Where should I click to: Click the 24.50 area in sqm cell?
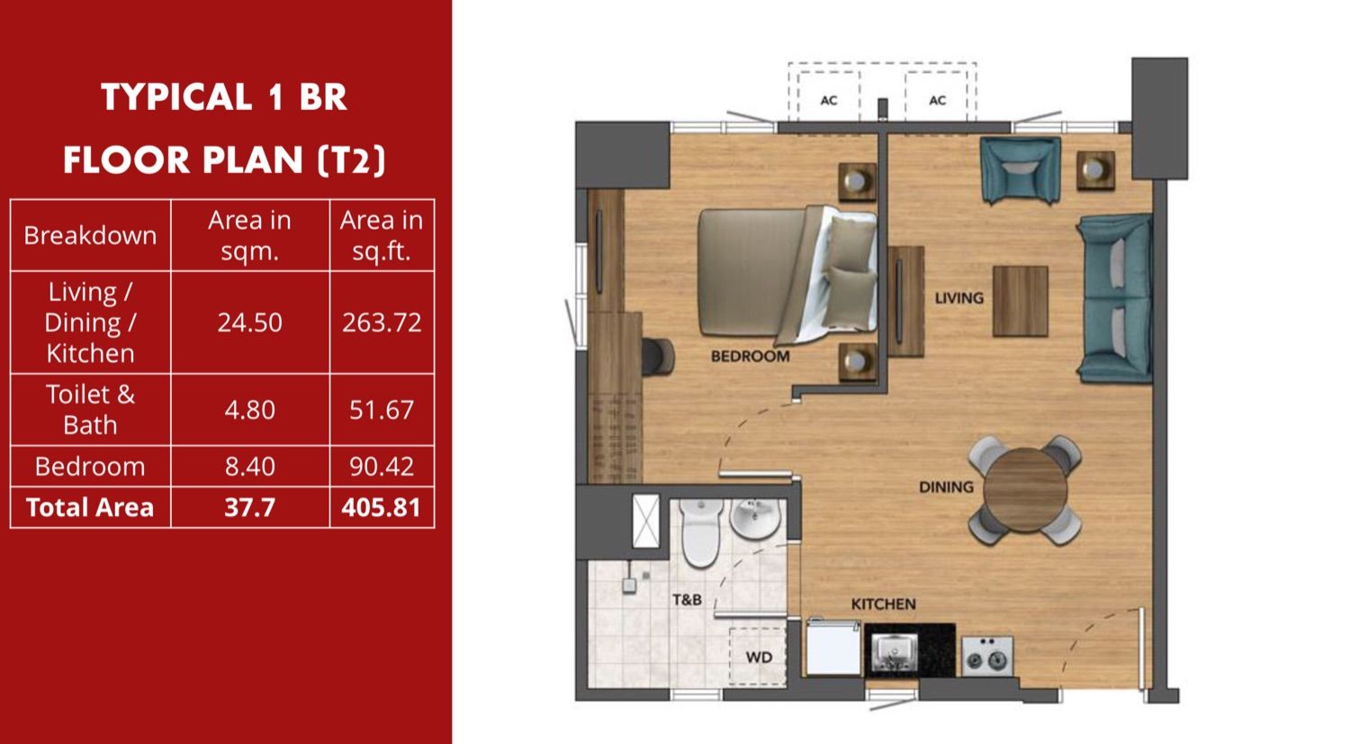click(x=249, y=322)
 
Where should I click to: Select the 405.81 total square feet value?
click(x=381, y=507)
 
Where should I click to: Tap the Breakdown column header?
click(x=90, y=235)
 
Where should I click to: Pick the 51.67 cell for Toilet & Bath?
click(x=382, y=411)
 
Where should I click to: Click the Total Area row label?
click(x=90, y=507)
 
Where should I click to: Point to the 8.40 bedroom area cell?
click(x=249, y=467)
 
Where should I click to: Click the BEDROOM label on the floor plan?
click(x=751, y=357)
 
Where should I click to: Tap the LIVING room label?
click(x=958, y=298)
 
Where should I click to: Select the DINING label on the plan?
click(x=946, y=487)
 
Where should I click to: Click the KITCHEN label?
click(x=884, y=604)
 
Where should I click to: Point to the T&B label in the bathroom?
click(x=687, y=600)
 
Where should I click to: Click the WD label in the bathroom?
click(x=759, y=658)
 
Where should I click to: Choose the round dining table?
click(x=1025, y=489)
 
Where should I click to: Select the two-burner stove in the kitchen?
click(x=987, y=656)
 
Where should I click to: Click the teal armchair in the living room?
click(x=1021, y=169)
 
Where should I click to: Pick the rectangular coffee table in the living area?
click(x=1021, y=301)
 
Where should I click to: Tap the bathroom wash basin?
click(x=755, y=518)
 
